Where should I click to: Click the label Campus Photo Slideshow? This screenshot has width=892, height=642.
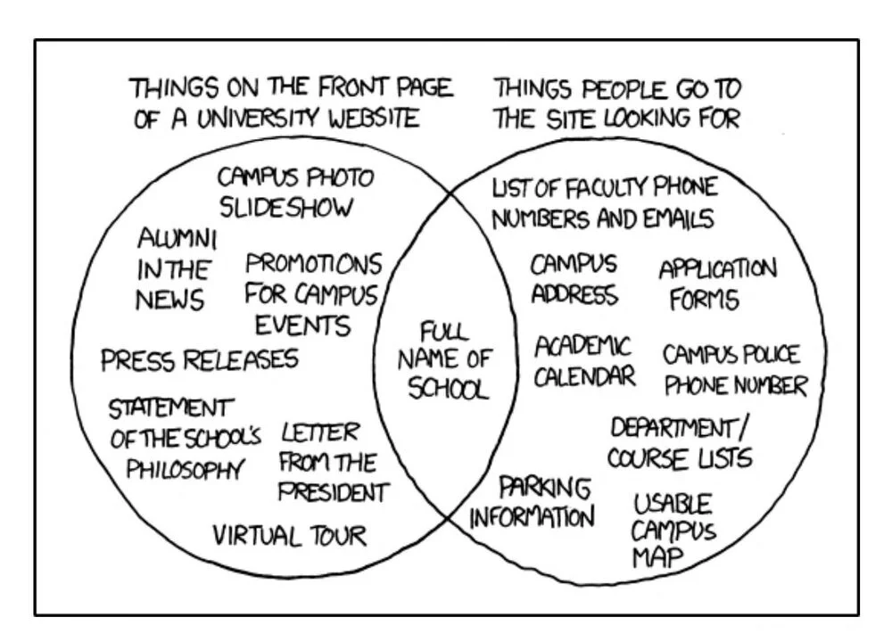point(296,192)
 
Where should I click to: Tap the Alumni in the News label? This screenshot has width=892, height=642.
point(175,268)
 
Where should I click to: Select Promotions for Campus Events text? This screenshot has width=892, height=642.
point(312,293)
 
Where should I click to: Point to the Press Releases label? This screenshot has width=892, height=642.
point(199,360)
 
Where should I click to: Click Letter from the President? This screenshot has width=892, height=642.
point(333,462)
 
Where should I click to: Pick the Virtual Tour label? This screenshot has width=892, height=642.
point(289,535)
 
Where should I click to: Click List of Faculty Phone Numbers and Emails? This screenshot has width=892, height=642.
point(604,202)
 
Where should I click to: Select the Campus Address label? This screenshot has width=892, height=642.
point(574,279)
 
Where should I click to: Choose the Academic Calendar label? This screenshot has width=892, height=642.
point(584,360)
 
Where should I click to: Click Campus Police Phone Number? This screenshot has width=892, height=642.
point(734,370)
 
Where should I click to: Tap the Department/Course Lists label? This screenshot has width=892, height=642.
point(680,442)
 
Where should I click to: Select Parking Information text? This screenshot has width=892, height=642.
point(532,503)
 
